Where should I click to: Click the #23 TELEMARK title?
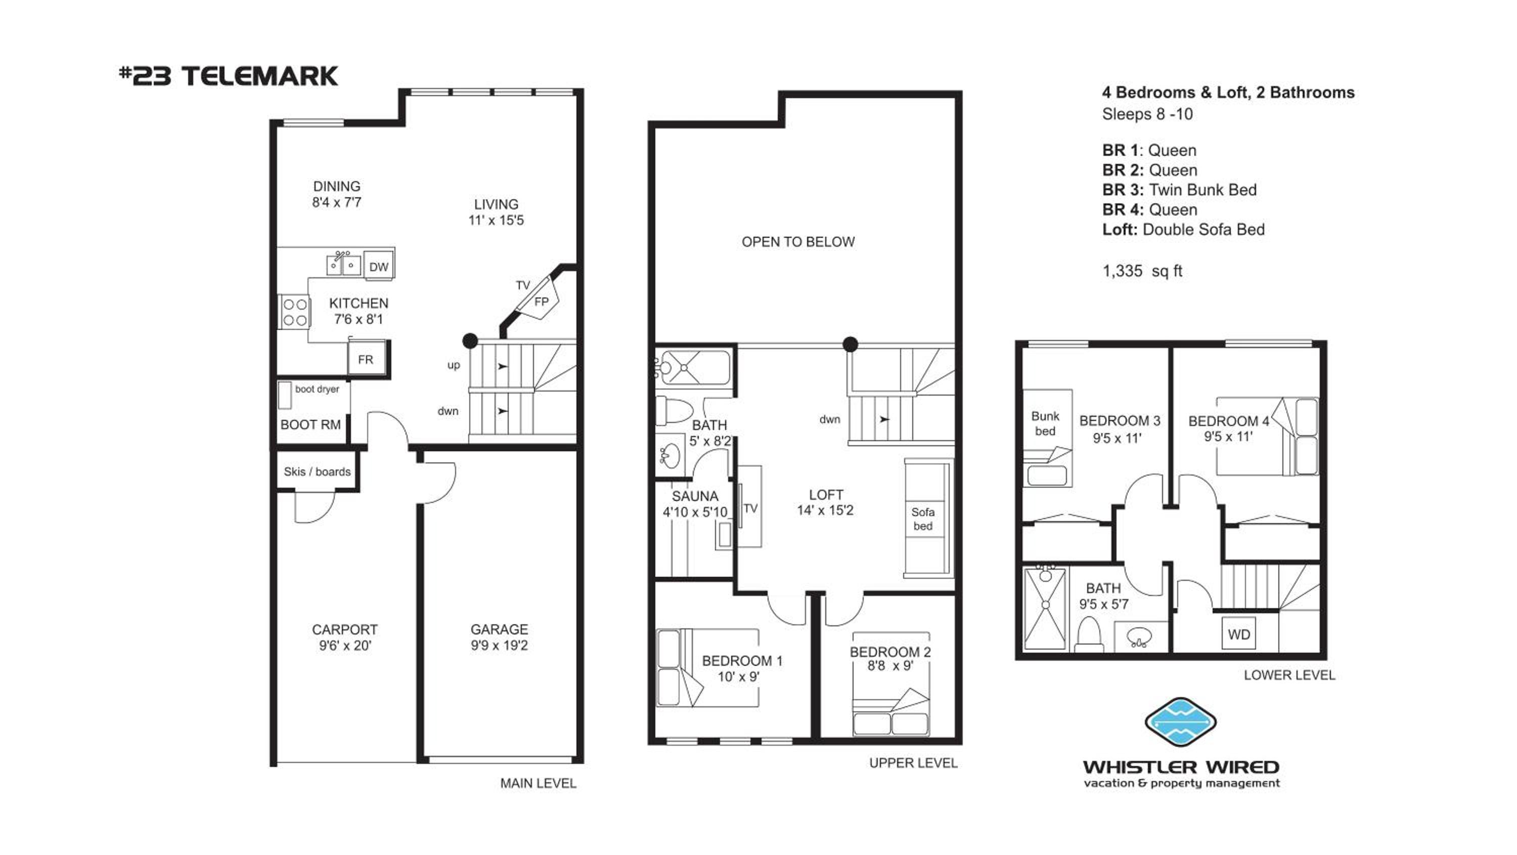(x=229, y=76)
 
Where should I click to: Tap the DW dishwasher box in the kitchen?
(x=379, y=266)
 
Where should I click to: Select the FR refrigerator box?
(x=366, y=359)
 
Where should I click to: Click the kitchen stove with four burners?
(x=293, y=312)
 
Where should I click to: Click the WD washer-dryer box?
(x=1238, y=634)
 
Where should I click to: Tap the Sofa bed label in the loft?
(x=922, y=519)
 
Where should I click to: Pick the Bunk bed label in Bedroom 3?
(x=1045, y=423)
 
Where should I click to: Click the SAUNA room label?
(x=695, y=496)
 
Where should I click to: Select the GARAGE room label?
(x=499, y=629)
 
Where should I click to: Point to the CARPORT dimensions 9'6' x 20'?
(x=345, y=646)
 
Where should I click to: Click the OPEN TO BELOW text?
(x=798, y=242)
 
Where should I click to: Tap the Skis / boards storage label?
(x=317, y=472)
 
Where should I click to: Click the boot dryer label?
(x=317, y=389)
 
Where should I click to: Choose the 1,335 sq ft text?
(x=1142, y=271)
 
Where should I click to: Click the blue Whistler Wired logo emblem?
(x=1181, y=721)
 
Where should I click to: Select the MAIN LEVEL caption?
(x=538, y=783)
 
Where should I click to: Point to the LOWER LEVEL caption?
(x=1289, y=675)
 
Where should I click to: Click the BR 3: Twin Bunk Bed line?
(x=1180, y=190)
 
